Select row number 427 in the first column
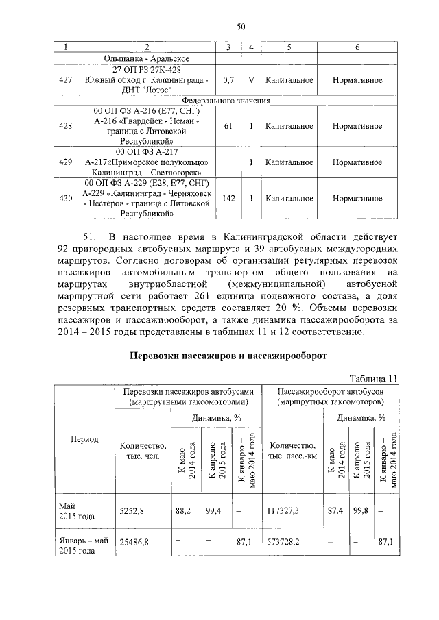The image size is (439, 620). [x=66, y=80]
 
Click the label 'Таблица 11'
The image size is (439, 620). [x=373, y=378]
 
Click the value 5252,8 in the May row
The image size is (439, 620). [x=132, y=510]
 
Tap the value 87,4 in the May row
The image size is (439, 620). [x=336, y=510]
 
